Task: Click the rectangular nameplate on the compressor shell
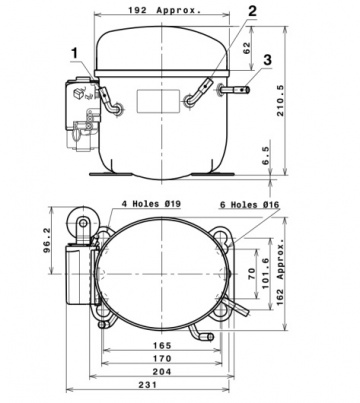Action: pyautogui.click(x=152, y=103)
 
